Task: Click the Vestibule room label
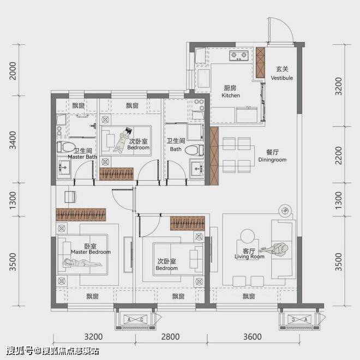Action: point(281,78)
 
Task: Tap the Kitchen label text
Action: point(231,95)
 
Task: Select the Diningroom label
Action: point(272,160)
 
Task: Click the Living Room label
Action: point(249,256)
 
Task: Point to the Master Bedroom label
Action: point(91,252)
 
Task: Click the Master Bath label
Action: point(82,157)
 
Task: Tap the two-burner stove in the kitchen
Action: point(238,56)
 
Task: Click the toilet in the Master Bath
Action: point(66,147)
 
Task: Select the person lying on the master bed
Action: point(82,263)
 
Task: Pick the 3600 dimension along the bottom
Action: point(253,337)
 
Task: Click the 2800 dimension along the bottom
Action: point(170,337)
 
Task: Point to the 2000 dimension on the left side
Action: point(13,70)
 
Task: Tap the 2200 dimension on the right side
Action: point(339,155)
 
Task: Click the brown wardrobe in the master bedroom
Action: point(81,215)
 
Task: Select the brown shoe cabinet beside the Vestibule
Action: point(260,62)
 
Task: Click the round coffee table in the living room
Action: point(248,236)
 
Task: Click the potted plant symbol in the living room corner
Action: point(285,211)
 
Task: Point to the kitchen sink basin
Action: point(203,79)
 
